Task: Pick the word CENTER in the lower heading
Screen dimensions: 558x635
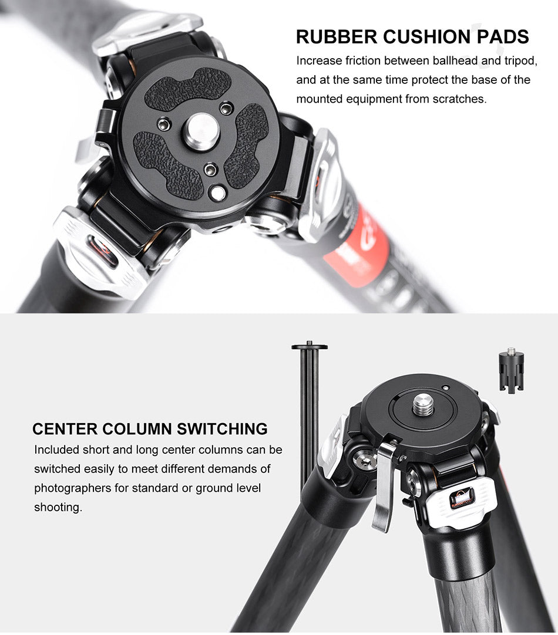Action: point(65,429)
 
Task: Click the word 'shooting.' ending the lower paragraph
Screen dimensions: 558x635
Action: point(58,508)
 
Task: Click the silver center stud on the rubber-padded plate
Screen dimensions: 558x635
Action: point(201,129)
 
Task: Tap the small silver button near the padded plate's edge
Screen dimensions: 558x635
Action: point(217,193)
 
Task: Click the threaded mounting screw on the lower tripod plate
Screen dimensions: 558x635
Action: point(423,406)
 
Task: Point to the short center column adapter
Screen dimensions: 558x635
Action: point(511,370)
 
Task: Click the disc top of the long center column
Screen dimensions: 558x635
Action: point(310,346)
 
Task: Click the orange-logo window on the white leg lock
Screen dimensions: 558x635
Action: point(463,498)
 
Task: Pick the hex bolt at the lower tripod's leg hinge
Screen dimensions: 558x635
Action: point(362,458)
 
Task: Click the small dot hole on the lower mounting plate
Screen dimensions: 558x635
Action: point(445,387)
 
